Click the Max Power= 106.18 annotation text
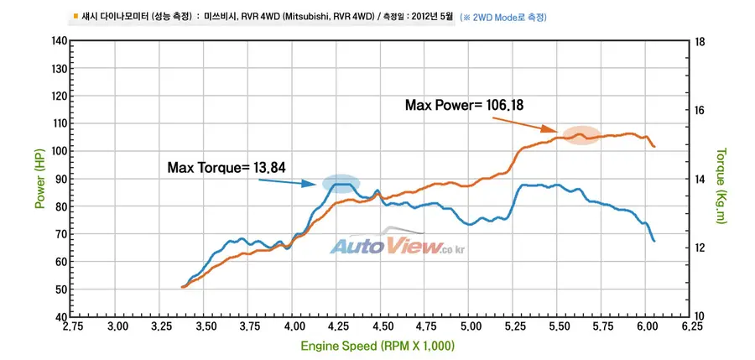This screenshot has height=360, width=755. [x=464, y=105]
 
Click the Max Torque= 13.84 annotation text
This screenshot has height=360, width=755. [x=226, y=168]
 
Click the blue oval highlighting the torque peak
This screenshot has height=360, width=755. [x=341, y=184]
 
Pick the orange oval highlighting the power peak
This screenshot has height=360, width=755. [x=581, y=136]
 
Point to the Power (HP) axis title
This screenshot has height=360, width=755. [x=40, y=178]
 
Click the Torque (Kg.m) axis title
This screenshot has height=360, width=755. [x=721, y=186]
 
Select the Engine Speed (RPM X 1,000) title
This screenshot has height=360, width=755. [x=377, y=346]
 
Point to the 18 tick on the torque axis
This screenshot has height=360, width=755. [x=700, y=42]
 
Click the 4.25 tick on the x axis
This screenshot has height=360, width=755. [x=336, y=326]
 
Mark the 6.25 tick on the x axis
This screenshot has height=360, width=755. [x=690, y=326]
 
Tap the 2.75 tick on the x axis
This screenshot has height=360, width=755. [x=72, y=326]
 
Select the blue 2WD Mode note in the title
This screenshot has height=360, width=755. [x=503, y=18]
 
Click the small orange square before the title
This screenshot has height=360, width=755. [x=76, y=17]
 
